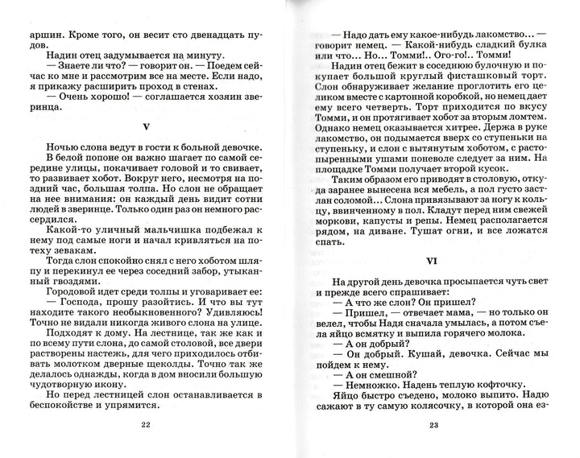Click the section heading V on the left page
click(x=145, y=126)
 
